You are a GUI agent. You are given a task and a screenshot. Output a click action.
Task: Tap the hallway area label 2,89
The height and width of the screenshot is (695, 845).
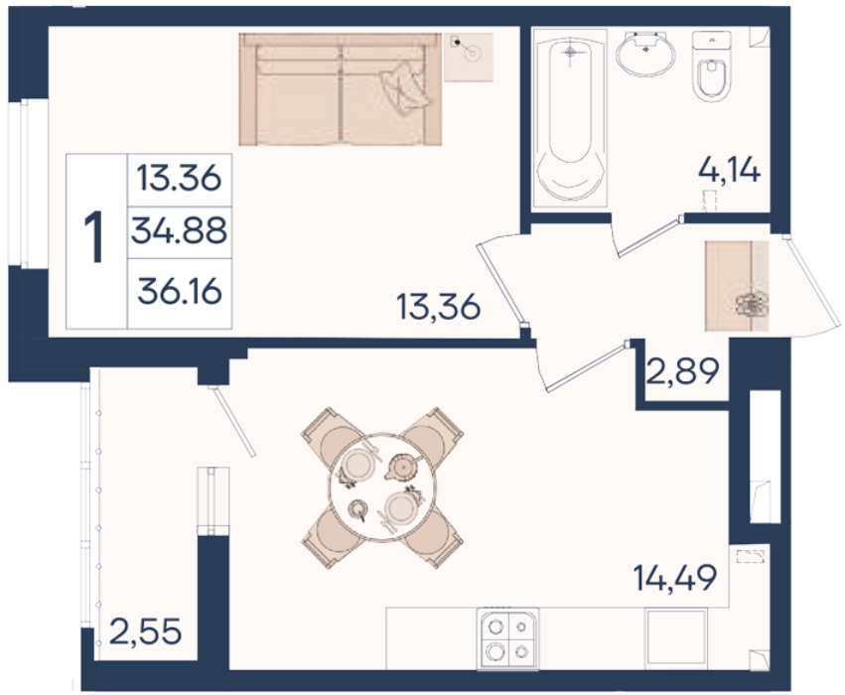pyautogui.click(x=682, y=371)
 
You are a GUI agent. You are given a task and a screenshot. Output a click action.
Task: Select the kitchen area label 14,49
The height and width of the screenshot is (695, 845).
pyautogui.click(x=674, y=578)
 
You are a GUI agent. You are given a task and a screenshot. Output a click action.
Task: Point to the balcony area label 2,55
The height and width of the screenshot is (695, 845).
pyautogui.click(x=145, y=631)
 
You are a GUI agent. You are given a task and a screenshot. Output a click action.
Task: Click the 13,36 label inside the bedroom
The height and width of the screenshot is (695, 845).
pyautogui.click(x=438, y=307)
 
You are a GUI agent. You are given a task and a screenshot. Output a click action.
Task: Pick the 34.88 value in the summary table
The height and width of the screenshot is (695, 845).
pyautogui.click(x=179, y=231)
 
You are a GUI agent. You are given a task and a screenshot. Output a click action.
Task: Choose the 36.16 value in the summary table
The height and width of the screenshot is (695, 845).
pyautogui.click(x=180, y=292)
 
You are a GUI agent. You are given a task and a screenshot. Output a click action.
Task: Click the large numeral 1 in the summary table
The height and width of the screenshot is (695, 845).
pyautogui.click(x=96, y=237)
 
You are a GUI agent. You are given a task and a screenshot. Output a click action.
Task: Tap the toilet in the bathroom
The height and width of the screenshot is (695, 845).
pyautogui.click(x=712, y=66)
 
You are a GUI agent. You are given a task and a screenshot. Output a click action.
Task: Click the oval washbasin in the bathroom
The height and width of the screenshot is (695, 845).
pyautogui.click(x=645, y=54)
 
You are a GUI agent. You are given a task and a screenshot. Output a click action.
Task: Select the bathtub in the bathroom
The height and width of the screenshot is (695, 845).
pyautogui.click(x=570, y=118)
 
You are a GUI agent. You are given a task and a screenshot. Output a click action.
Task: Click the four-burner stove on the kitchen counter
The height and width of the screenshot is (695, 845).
pyautogui.click(x=507, y=639)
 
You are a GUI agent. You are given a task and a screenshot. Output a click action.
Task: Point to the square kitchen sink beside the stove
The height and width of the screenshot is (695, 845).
pyautogui.click(x=676, y=636)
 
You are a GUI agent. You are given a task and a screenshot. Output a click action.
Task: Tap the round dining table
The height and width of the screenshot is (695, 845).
pyautogui.click(x=382, y=487)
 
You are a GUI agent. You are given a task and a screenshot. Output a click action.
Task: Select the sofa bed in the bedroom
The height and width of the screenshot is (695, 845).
pyautogui.click(x=340, y=89)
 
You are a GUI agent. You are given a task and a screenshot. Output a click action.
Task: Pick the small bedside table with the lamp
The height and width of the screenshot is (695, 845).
pyautogui.click(x=469, y=58)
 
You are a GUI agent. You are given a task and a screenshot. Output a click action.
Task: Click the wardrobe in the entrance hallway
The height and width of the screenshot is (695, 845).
pyautogui.click(x=737, y=286)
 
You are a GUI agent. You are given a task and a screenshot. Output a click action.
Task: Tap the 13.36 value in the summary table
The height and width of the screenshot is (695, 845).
pyautogui.click(x=179, y=178)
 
